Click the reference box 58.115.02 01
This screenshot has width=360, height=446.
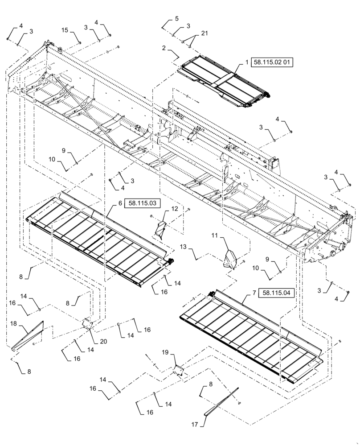[272, 63]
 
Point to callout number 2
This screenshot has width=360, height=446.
[164, 47]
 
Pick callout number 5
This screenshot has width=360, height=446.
[176, 19]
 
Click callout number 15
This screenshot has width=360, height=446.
[65, 30]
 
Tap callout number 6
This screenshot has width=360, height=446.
[120, 203]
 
